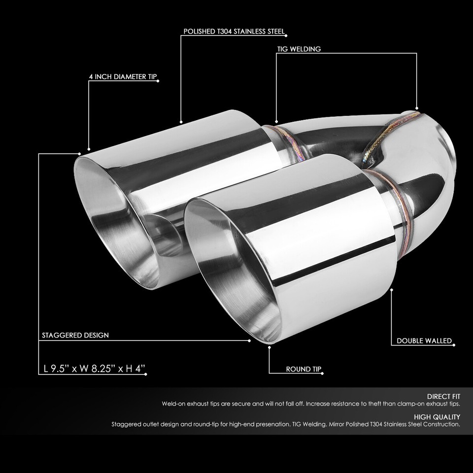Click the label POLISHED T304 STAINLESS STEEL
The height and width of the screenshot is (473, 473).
pyautogui.click(x=234, y=32)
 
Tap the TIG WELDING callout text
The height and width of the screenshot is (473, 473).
pyautogui.click(x=299, y=49)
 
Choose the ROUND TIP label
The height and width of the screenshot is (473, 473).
pyautogui.click(x=304, y=369)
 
